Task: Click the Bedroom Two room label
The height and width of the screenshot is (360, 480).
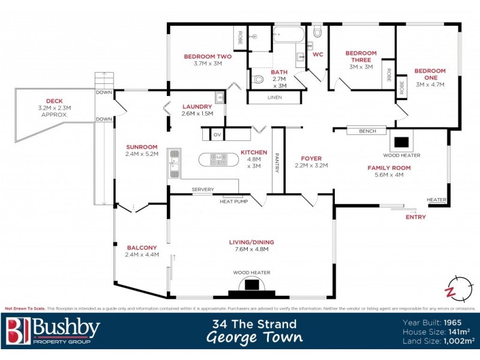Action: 208,56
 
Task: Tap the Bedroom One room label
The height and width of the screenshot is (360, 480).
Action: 430,71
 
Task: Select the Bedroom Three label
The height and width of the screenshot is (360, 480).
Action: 361,53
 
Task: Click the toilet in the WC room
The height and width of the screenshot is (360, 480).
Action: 317,31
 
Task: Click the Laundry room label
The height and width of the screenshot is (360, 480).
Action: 197,106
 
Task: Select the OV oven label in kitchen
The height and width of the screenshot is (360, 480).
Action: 217,135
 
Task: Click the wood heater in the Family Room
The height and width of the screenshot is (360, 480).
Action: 401,143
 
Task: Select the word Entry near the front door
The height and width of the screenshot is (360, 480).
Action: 415,217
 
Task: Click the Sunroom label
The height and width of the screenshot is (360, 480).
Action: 142,146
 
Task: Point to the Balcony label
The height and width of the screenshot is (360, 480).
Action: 142,247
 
